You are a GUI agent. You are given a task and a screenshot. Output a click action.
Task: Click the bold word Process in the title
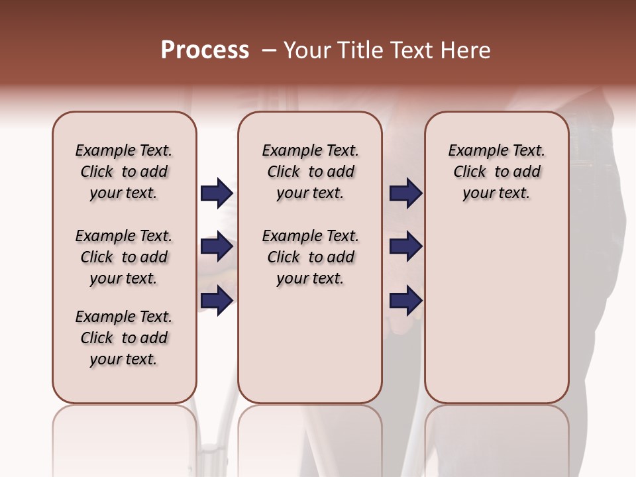(205, 50)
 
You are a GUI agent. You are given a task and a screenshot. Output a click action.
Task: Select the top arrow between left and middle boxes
(217, 193)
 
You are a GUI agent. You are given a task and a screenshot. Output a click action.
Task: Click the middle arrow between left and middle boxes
(217, 247)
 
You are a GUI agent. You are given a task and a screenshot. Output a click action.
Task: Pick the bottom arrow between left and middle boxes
(217, 300)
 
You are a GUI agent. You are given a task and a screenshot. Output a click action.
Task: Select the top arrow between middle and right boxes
(405, 193)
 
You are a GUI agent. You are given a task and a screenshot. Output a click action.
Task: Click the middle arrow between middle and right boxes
(405, 247)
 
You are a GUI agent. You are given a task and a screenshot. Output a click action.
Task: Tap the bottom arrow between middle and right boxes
(405, 300)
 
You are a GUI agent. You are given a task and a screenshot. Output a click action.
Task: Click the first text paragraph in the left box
(124, 172)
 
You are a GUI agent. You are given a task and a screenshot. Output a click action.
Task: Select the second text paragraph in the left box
(124, 257)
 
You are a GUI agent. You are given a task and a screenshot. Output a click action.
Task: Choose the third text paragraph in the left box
(124, 338)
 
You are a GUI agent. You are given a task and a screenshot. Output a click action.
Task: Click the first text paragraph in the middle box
(310, 172)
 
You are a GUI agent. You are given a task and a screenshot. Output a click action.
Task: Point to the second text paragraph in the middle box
(310, 257)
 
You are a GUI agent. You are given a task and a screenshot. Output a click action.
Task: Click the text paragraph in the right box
(496, 172)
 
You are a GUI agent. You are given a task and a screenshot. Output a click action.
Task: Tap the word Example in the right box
(474, 151)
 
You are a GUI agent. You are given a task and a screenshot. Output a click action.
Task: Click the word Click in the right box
(470, 172)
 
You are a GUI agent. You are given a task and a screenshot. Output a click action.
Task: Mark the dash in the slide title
(268, 50)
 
